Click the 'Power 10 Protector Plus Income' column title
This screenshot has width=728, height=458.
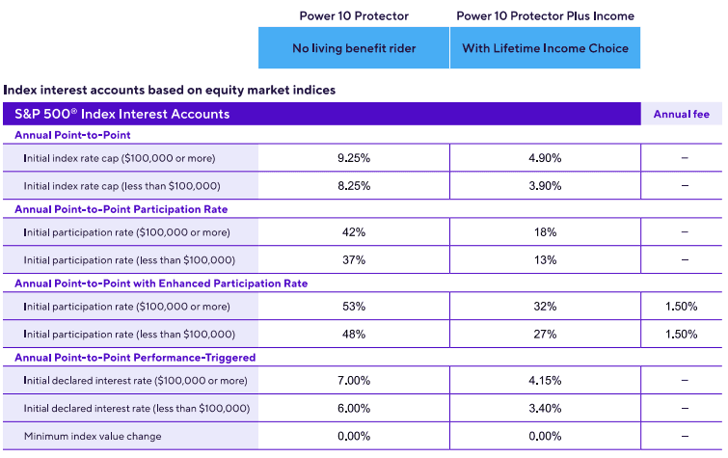[x=545, y=16]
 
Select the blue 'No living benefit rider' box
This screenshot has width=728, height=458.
[x=353, y=48]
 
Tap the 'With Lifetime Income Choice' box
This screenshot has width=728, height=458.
[x=545, y=48]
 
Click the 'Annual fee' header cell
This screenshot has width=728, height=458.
[x=681, y=114]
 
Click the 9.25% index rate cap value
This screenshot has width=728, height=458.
[x=353, y=158]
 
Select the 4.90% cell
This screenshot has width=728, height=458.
[x=545, y=158]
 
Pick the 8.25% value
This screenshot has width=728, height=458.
[x=353, y=185]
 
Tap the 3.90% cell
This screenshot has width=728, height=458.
[x=545, y=185]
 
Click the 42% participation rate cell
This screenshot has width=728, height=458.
[x=353, y=232]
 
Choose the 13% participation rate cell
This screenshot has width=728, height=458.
[x=545, y=259]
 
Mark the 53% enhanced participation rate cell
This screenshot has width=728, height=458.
[x=353, y=307]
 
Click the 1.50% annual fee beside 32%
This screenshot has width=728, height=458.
[x=681, y=307]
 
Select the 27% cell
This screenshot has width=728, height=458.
[x=545, y=334]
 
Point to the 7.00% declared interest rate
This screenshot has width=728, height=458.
[x=353, y=381]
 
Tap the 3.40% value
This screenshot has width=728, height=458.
[x=545, y=408]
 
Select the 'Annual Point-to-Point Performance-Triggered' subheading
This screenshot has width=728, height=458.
[x=134, y=358]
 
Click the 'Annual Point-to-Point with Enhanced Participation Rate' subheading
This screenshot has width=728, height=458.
[x=161, y=283]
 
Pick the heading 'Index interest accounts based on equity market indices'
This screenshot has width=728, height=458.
[x=170, y=90]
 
